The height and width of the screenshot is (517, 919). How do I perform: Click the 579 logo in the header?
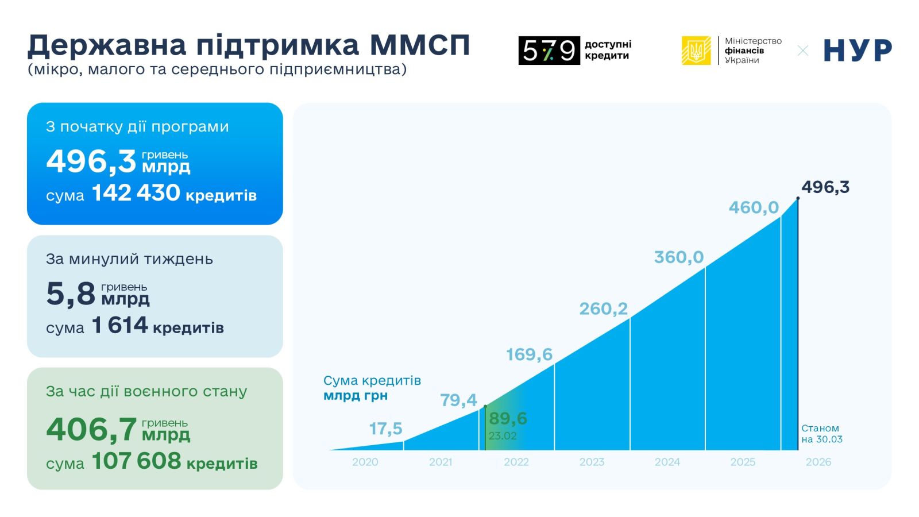point(549,51)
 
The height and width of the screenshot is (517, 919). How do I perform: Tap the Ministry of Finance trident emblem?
point(696,51)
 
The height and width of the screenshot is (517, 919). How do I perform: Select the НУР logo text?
point(857,51)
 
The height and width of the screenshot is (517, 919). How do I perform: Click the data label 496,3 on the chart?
point(825,187)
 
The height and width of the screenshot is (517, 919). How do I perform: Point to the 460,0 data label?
point(754,207)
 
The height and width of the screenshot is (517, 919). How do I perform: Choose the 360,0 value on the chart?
point(678,257)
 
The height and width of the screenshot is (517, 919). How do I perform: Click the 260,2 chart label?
point(603,309)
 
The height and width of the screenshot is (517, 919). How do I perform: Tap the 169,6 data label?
point(529,354)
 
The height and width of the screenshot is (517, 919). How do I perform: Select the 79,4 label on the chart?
point(458,400)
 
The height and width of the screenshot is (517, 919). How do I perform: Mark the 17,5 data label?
point(385,429)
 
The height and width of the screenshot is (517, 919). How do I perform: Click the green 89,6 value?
point(508,418)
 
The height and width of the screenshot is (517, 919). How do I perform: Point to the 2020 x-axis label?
point(365,462)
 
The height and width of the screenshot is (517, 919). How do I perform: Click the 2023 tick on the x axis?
point(592,462)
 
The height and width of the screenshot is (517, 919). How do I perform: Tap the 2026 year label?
point(818,462)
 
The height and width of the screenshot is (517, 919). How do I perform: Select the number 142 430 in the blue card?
point(136,193)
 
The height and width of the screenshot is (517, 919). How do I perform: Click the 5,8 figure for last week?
point(71,294)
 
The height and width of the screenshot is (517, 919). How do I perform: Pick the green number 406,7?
point(91,429)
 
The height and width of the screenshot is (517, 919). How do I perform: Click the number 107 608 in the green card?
point(136,461)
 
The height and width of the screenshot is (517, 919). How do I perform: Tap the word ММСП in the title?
point(420,45)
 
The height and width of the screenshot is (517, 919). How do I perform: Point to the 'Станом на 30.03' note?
point(821,434)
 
